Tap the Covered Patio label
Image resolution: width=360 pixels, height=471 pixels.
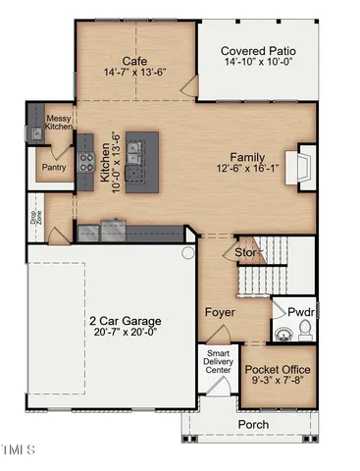click(x=258, y=51)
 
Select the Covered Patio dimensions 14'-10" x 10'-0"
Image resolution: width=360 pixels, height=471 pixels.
click(x=258, y=64)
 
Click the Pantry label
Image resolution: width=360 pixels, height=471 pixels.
click(x=52, y=167)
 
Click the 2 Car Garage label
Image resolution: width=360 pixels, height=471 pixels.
click(x=125, y=320)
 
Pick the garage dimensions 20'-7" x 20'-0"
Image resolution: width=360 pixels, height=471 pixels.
click(x=125, y=334)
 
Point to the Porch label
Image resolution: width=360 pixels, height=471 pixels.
click(x=254, y=424)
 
